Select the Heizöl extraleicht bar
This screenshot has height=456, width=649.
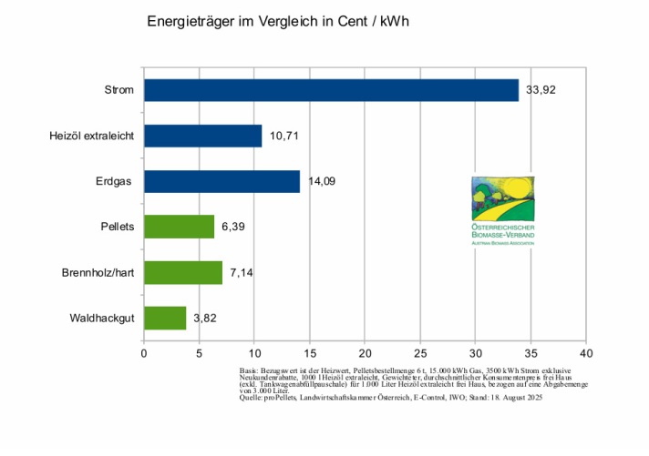[x=202, y=136]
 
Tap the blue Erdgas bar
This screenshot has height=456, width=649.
[x=221, y=181]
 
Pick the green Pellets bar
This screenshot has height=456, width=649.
[x=179, y=227]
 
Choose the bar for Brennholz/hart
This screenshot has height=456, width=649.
[x=183, y=272]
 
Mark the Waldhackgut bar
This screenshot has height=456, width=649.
[x=165, y=318]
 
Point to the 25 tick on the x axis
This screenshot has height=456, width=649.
[x=420, y=351]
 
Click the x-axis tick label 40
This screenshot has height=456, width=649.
[x=586, y=351]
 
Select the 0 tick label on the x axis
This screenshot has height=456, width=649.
[x=144, y=351]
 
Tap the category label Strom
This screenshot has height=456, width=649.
[x=119, y=90]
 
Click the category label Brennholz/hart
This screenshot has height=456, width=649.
[x=98, y=272]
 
